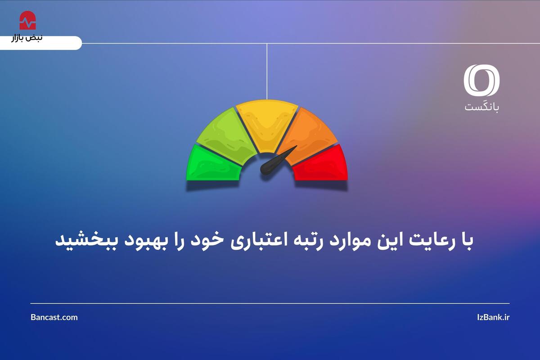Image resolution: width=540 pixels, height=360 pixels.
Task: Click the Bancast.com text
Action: tap(54, 317)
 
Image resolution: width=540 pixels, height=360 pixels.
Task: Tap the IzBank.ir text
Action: tap(493, 317)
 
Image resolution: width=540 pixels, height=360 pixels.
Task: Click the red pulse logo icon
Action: tap(28, 20)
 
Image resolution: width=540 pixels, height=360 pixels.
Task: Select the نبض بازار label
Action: tap(27, 38)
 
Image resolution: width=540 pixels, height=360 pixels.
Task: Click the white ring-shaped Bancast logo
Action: tap(481, 80)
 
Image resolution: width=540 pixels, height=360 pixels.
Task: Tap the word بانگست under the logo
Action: tap(482, 107)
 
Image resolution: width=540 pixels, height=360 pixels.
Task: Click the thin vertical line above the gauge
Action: tap(267, 72)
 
